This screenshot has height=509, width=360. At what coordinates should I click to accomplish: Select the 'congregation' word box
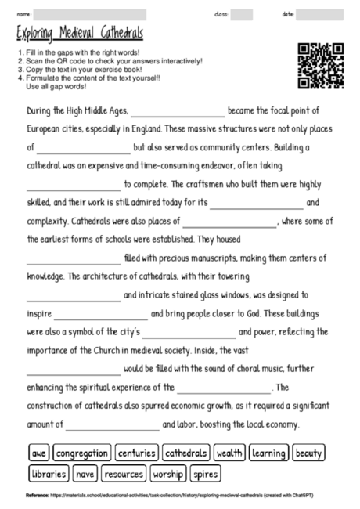click(x=81, y=453)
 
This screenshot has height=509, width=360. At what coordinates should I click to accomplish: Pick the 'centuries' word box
click(x=137, y=453)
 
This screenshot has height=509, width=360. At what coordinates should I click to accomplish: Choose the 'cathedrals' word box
click(x=186, y=453)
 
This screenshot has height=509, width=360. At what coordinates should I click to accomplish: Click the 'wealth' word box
click(x=230, y=453)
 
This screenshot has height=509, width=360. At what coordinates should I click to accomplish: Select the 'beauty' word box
click(x=310, y=453)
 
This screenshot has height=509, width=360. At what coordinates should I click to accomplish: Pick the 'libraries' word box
click(x=49, y=474)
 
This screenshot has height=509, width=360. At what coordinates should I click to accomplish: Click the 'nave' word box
click(x=86, y=474)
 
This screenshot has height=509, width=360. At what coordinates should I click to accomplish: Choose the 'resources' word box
click(x=124, y=474)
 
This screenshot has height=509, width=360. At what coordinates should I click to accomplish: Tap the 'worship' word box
click(x=168, y=474)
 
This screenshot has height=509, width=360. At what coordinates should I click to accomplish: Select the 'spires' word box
click(x=205, y=474)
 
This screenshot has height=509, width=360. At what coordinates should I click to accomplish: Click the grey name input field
click(x=90, y=14)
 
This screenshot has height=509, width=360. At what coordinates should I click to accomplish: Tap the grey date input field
click(x=320, y=14)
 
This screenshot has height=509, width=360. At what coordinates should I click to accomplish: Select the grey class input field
click(x=242, y=14)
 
